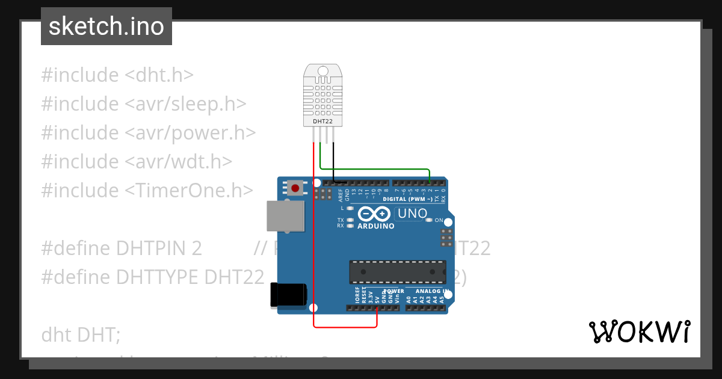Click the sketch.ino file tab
click(x=106, y=26)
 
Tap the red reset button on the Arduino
click(x=295, y=188)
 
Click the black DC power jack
click(x=288, y=295)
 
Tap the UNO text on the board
click(x=413, y=214)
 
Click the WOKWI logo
click(x=639, y=331)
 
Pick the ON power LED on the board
click(x=428, y=220)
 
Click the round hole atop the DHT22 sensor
click(x=323, y=72)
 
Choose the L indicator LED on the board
click(x=350, y=208)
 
